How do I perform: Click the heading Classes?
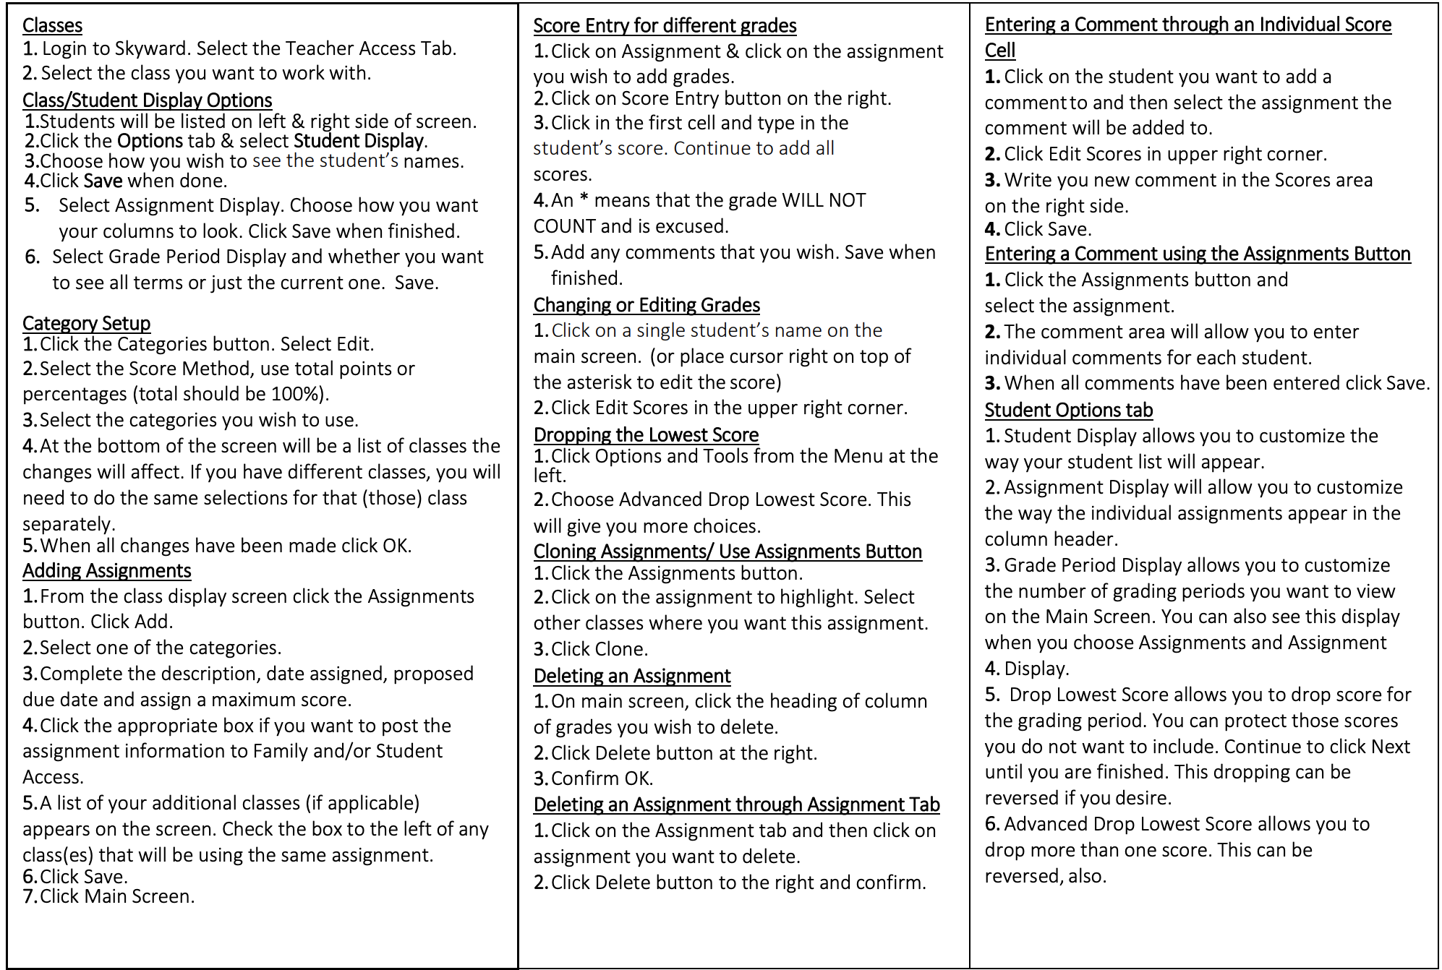point(52,25)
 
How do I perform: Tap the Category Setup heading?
point(86,323)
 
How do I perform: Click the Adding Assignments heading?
point(106,571)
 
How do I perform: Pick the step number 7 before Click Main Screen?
point(29,896)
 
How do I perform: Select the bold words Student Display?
point(359,141)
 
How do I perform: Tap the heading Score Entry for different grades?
point(665,26)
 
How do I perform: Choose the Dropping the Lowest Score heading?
point(646,434)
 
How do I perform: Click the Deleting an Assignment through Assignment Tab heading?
point(736,804)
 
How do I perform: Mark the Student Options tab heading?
point(1068,410)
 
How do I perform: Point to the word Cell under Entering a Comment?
point(999,51)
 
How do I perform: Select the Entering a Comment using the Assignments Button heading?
point(1197,254)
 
